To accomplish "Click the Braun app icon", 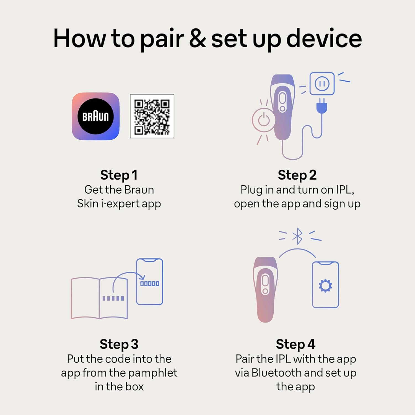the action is coord(96,116).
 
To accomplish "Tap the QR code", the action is coord(152,116).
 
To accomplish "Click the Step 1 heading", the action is coord(119,175).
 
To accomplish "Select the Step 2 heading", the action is coord(297,175).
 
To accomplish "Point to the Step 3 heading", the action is coord(119,344).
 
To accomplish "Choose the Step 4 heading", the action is coord(295,344).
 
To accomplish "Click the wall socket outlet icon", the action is coord(322,84).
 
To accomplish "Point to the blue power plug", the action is coord(322,107).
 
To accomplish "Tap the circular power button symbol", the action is coord(263,120).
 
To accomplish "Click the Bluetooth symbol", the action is coord(298,236).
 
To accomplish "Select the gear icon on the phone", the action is coord(325,286).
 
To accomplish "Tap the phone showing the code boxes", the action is coord(150,282).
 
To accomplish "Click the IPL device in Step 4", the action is coord(265,289).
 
